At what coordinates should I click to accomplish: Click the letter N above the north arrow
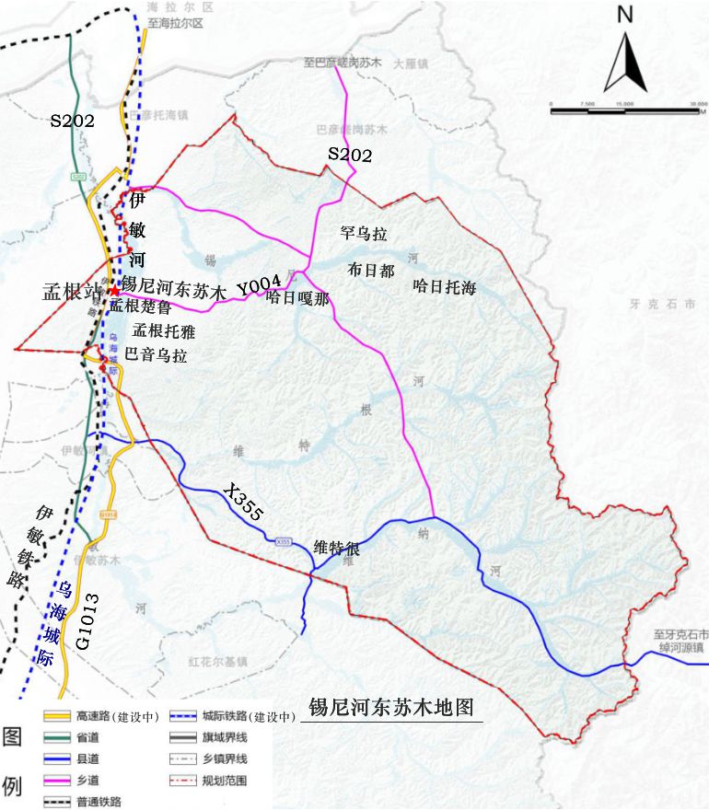625,15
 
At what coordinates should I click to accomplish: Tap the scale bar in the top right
622,110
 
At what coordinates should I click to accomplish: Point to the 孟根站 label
75,292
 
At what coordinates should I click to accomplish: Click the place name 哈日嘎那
296,296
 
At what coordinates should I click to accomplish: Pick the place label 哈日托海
445,287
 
